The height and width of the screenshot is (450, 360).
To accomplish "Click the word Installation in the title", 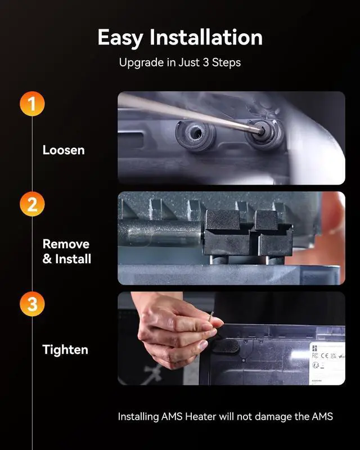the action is click(x=206, y=37).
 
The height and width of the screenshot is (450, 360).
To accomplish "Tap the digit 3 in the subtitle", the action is click(x=205, y=62).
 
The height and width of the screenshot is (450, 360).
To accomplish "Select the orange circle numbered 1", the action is click(x=32, y=103).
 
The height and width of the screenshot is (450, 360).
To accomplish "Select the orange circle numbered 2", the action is click(x=32, y=204).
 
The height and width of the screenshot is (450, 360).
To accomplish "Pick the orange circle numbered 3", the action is click(x=32, y=304).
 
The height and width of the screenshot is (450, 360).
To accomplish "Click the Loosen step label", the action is click(x=64, y=150).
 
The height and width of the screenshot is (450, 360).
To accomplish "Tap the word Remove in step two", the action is click(x=66, y=244).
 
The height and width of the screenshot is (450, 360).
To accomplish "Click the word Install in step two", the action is click(x=73, y=259).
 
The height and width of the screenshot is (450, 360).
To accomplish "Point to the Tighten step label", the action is click(x=65, y=350).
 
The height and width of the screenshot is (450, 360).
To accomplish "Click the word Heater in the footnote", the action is click(x=201, y=416).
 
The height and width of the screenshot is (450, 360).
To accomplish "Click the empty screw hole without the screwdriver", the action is click(x=196, y=133).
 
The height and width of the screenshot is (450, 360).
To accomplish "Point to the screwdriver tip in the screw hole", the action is click(x=261, y=132).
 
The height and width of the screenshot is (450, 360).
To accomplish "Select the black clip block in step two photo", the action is click(x=249, y=233).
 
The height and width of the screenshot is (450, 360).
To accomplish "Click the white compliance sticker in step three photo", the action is click(x=327, y=363).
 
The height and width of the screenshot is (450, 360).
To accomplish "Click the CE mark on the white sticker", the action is click(x=325, y=355).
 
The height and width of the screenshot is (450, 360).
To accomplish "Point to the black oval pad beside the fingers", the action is click(x=227, y=345).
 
